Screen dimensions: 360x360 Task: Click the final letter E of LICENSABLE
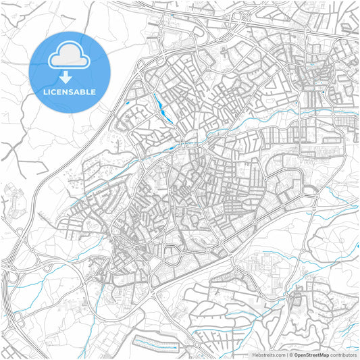(93, 92)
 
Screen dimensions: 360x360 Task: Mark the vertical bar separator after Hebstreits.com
(288, 354)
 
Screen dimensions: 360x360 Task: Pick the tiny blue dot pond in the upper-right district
(325, 90)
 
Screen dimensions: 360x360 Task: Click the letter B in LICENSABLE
(81, 92)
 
